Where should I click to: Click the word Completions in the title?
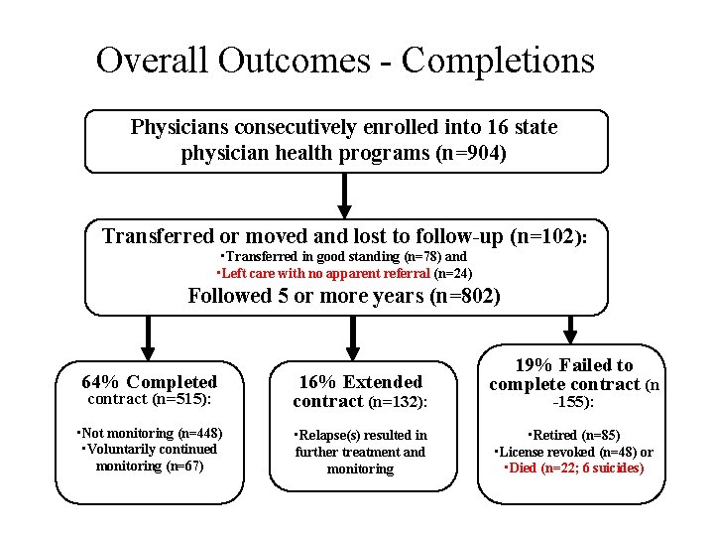(x=498, y=62)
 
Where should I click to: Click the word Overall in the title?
(x=153, y=61)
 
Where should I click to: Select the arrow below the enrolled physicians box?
(x=344, y=196)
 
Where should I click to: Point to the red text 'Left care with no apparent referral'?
(x=324, y=273)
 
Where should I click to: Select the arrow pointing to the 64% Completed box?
(x=148, y=336)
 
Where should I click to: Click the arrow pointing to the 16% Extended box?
(x=349, y=336)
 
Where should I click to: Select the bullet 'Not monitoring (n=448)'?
(x=151, y=433)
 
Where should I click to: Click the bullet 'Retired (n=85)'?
(x=574, y=435)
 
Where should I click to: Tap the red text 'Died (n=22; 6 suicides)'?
(x=575, y=468)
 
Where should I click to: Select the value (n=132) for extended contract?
(x=398, y=402)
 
